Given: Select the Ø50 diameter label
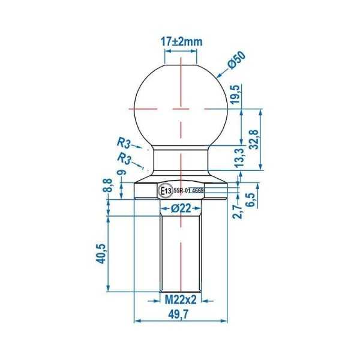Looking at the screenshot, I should click(236, 62).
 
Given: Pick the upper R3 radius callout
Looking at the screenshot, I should click(125, 143).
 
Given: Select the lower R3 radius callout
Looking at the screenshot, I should click(125, 158).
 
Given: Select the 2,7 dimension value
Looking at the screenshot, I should click(238, 211).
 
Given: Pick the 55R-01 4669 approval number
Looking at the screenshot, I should click(189, 190).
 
